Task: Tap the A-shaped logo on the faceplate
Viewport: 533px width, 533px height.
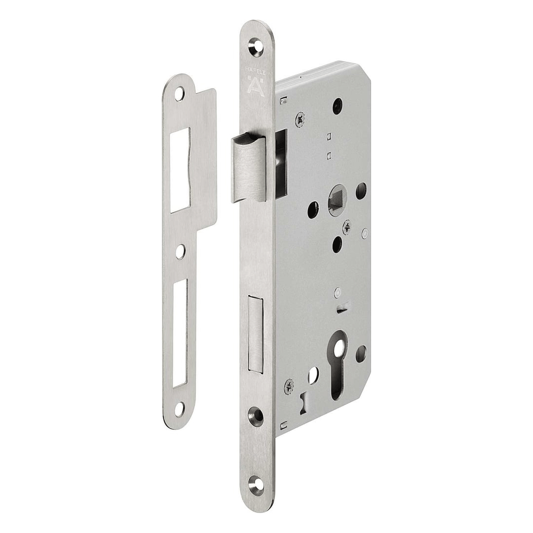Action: pyautogui.click(x=256, y=87)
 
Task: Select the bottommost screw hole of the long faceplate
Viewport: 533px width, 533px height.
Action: pyautogui.click(x=256, y=486)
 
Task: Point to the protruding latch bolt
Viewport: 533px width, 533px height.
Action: pyautogui.click(x=248, y=168)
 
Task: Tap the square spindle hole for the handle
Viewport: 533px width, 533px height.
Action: pyautogui.click(x=337, y=200)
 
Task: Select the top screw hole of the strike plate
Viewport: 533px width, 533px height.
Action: pyautogui.click(x=179, y=94)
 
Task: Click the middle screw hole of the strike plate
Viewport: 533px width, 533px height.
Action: pyautogui.click(x=180, y=251)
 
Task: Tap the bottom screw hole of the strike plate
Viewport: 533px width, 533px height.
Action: pyautogui.click(x=179, y=409)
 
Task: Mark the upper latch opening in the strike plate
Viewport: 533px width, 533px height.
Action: pyautogui.click(x=180, y=170)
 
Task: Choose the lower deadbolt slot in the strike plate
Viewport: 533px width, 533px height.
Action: pyautogui.click(x=180, y=333)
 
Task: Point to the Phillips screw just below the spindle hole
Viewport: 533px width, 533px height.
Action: pyautogui.click(x=347, y=227)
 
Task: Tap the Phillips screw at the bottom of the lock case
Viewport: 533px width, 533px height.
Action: pyautogui.click(x=289, y=386)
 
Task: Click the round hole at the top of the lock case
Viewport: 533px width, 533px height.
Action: pyautogui.click(x=338, y=106)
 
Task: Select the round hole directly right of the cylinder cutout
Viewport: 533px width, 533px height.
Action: pyautogui.click(x=361, y=354)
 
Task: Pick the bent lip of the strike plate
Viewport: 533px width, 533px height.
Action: pyautogui.click(x=205, y=158)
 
